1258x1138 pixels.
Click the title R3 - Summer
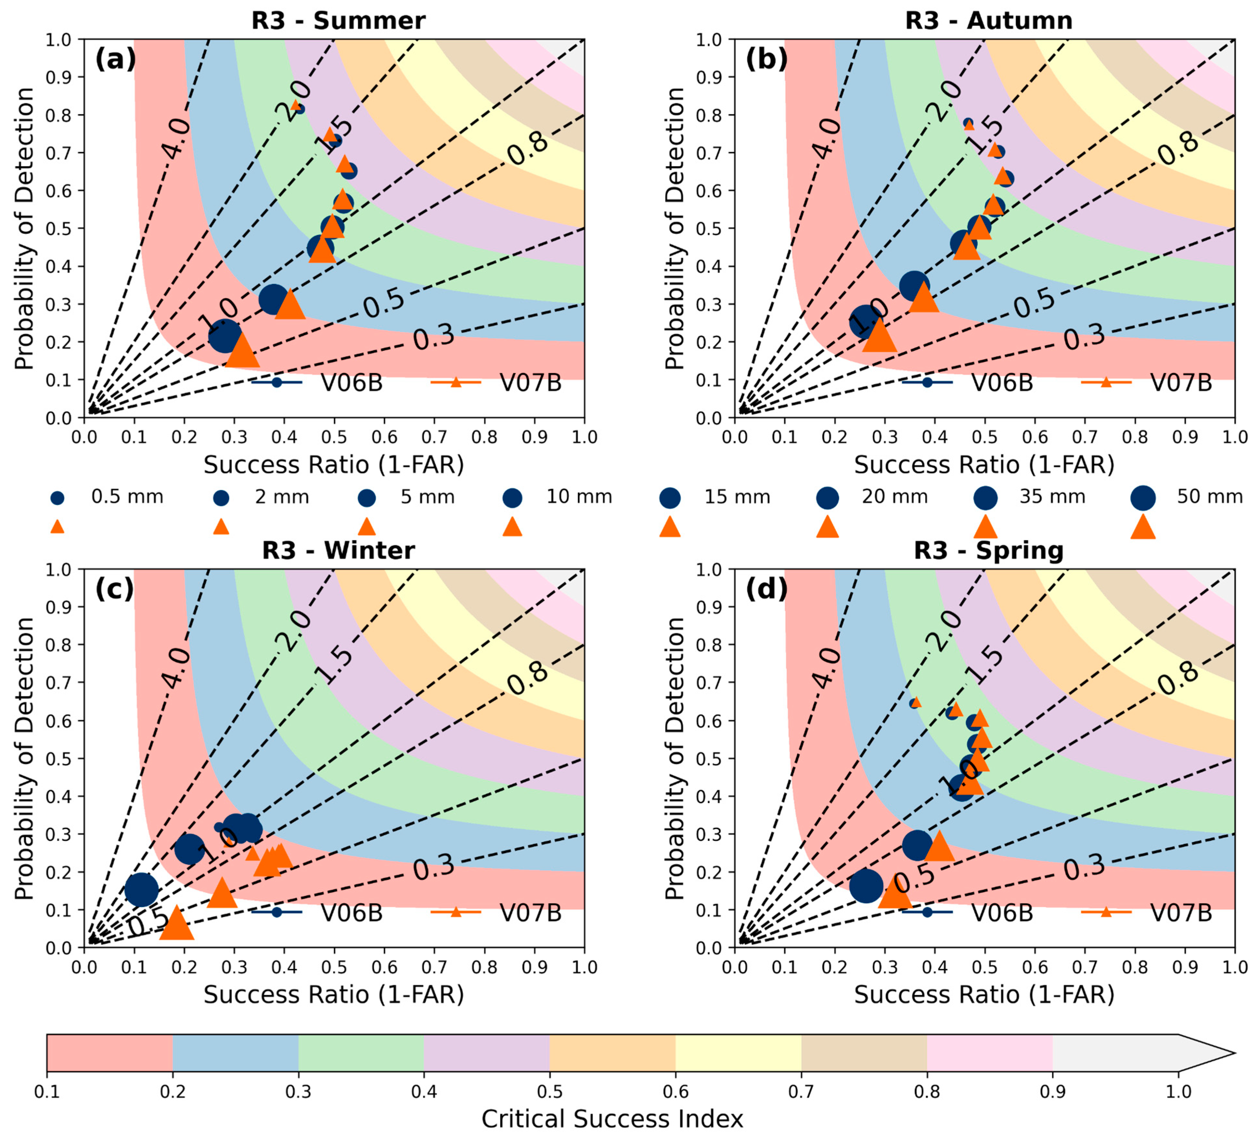[338, 21]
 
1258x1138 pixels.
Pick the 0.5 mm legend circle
[58, 497]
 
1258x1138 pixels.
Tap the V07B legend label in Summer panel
[531, 383]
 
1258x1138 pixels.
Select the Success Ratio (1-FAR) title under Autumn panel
[984, 465]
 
